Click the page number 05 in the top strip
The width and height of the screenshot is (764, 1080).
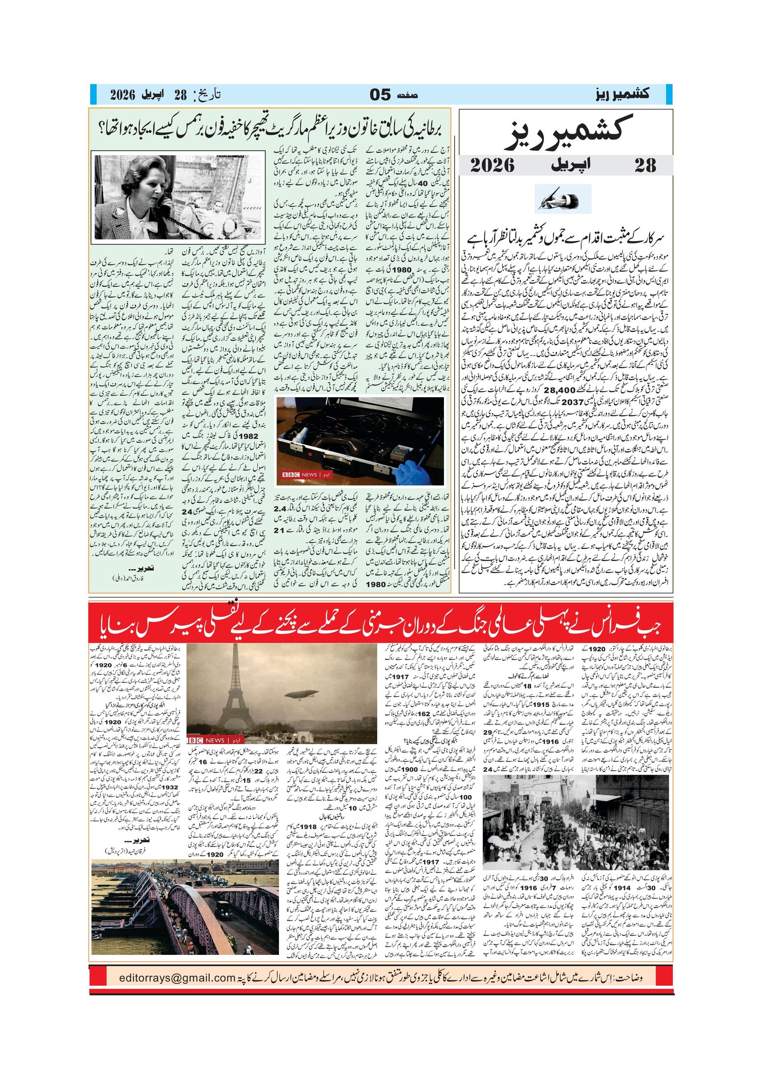380,95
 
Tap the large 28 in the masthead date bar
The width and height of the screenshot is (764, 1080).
645,165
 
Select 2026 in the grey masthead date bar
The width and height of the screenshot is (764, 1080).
492,165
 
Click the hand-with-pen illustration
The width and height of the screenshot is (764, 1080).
563,199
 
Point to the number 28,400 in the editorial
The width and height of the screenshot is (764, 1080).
560,390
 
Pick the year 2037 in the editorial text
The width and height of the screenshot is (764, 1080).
573,402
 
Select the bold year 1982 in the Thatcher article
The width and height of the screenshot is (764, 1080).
247,435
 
